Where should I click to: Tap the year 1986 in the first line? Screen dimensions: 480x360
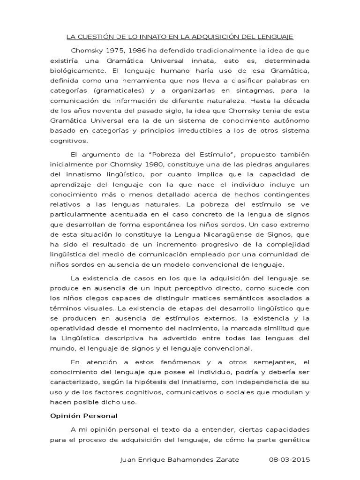click(x=129, y=51)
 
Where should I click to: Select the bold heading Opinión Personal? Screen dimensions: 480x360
click(x=83, y=416)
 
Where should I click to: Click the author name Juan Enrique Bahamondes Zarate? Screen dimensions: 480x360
click(x=180, y=460)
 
